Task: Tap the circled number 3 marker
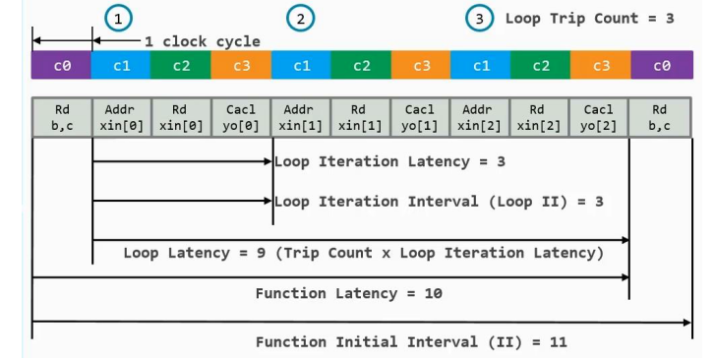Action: [x=479, y=18]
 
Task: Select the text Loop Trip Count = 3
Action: [x=589, y=18]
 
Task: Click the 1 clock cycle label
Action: [x=202, y=41]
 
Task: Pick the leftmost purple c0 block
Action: [x=61, y=66]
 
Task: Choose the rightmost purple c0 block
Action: [x=660, y=66]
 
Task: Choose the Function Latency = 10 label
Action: [x=348, y=293]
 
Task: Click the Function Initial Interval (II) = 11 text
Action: [x=411, y=342]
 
